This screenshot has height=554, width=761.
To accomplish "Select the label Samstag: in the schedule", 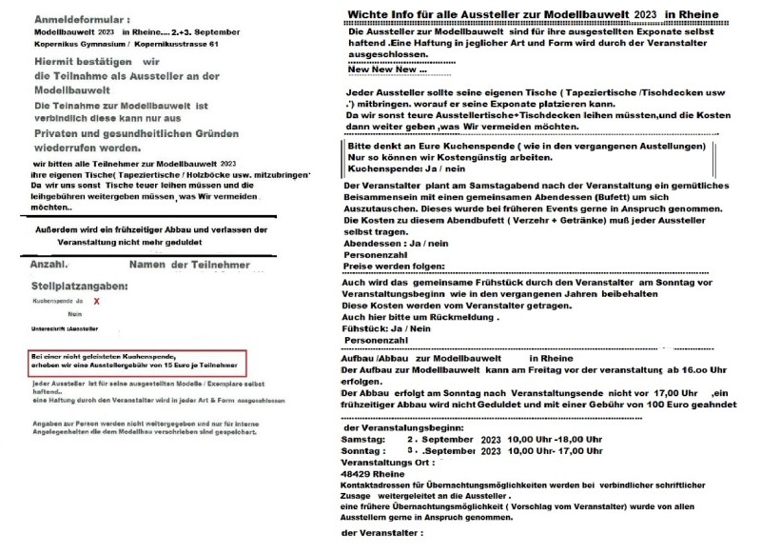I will pos(361,439).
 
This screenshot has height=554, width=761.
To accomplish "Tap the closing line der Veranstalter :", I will pos(380,532).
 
